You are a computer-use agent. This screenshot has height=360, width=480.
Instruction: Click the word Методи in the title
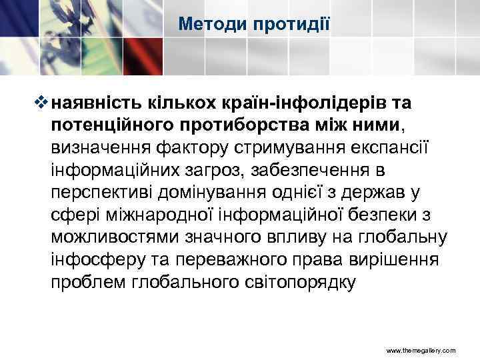click(213, 25)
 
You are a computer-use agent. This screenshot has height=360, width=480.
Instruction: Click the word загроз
click(213, 170)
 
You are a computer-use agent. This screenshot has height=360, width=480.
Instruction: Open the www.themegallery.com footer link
click(421, 349)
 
